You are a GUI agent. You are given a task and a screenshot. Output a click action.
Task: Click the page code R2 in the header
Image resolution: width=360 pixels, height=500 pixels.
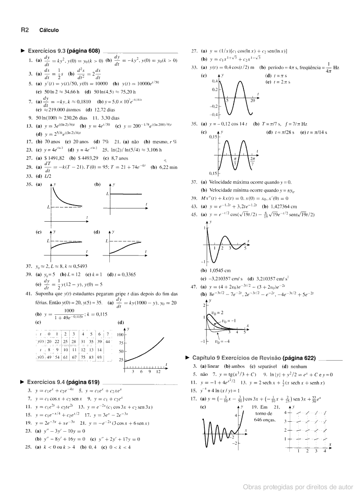click(25, 30)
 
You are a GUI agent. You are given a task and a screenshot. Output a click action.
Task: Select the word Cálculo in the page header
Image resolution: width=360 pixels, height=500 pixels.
click(49, 30)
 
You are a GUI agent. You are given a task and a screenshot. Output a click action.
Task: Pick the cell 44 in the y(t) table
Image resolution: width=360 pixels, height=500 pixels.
click(108, 342)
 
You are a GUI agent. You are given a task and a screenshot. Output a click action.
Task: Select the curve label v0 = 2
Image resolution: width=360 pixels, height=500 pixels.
click(217, 312)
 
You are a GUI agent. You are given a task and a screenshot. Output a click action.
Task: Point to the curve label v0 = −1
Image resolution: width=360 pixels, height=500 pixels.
click(229, 321)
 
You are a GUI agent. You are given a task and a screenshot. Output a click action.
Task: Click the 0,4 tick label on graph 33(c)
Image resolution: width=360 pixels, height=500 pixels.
click(215, 81)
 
